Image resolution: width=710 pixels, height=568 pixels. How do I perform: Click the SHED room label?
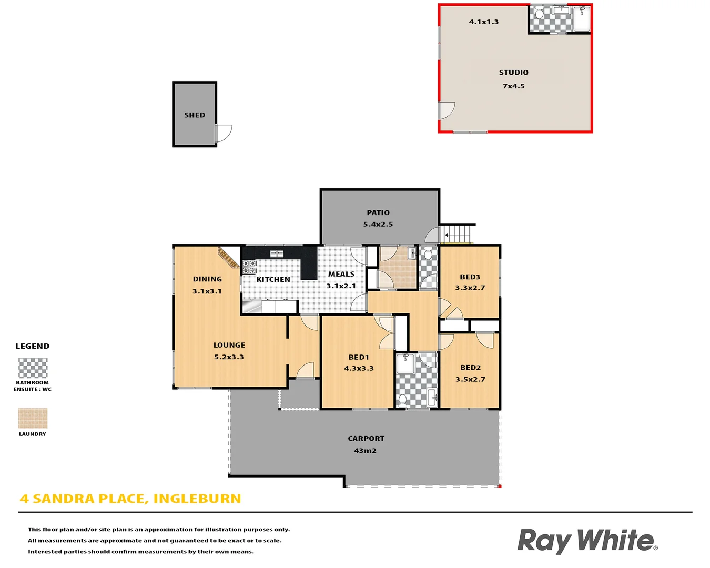point(195,115)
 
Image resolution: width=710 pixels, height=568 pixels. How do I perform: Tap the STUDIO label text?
point(514,73)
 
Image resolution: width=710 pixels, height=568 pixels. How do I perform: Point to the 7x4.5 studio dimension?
point(514,86)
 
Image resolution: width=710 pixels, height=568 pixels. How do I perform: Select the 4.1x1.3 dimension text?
point(484,22)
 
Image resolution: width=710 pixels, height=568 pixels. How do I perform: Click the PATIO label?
point(378,213)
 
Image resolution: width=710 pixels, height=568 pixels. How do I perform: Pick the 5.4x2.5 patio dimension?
point(378,225)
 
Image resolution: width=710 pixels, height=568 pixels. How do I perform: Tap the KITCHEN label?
point(273,280)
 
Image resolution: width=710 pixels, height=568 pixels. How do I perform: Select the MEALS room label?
point(341,274)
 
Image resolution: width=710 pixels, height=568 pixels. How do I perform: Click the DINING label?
point(207,279)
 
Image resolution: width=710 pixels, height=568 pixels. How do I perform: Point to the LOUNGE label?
point(229,346)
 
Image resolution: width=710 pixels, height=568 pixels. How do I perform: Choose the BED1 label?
point(359,358)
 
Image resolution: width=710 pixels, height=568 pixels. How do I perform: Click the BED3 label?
point(470,277)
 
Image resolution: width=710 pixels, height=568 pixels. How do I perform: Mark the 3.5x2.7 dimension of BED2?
point(470,379)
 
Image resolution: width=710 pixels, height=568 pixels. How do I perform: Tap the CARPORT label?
point(366,439)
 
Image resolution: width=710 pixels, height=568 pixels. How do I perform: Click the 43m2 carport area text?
point(365,451)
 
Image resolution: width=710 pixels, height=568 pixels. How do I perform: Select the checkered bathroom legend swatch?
point(33,368)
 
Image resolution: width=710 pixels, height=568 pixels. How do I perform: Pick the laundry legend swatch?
point(33,419)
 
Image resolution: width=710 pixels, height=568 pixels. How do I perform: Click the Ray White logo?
point(587,541)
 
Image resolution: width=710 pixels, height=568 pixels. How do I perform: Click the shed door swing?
point(224,133)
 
